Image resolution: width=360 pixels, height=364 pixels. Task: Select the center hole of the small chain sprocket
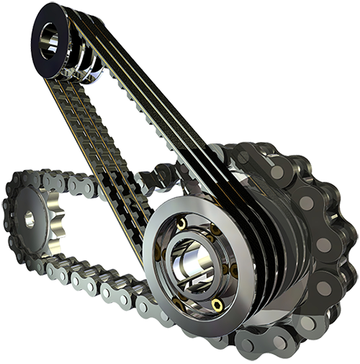(29, 219)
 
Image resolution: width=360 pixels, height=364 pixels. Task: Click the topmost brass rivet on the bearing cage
(181, 224)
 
